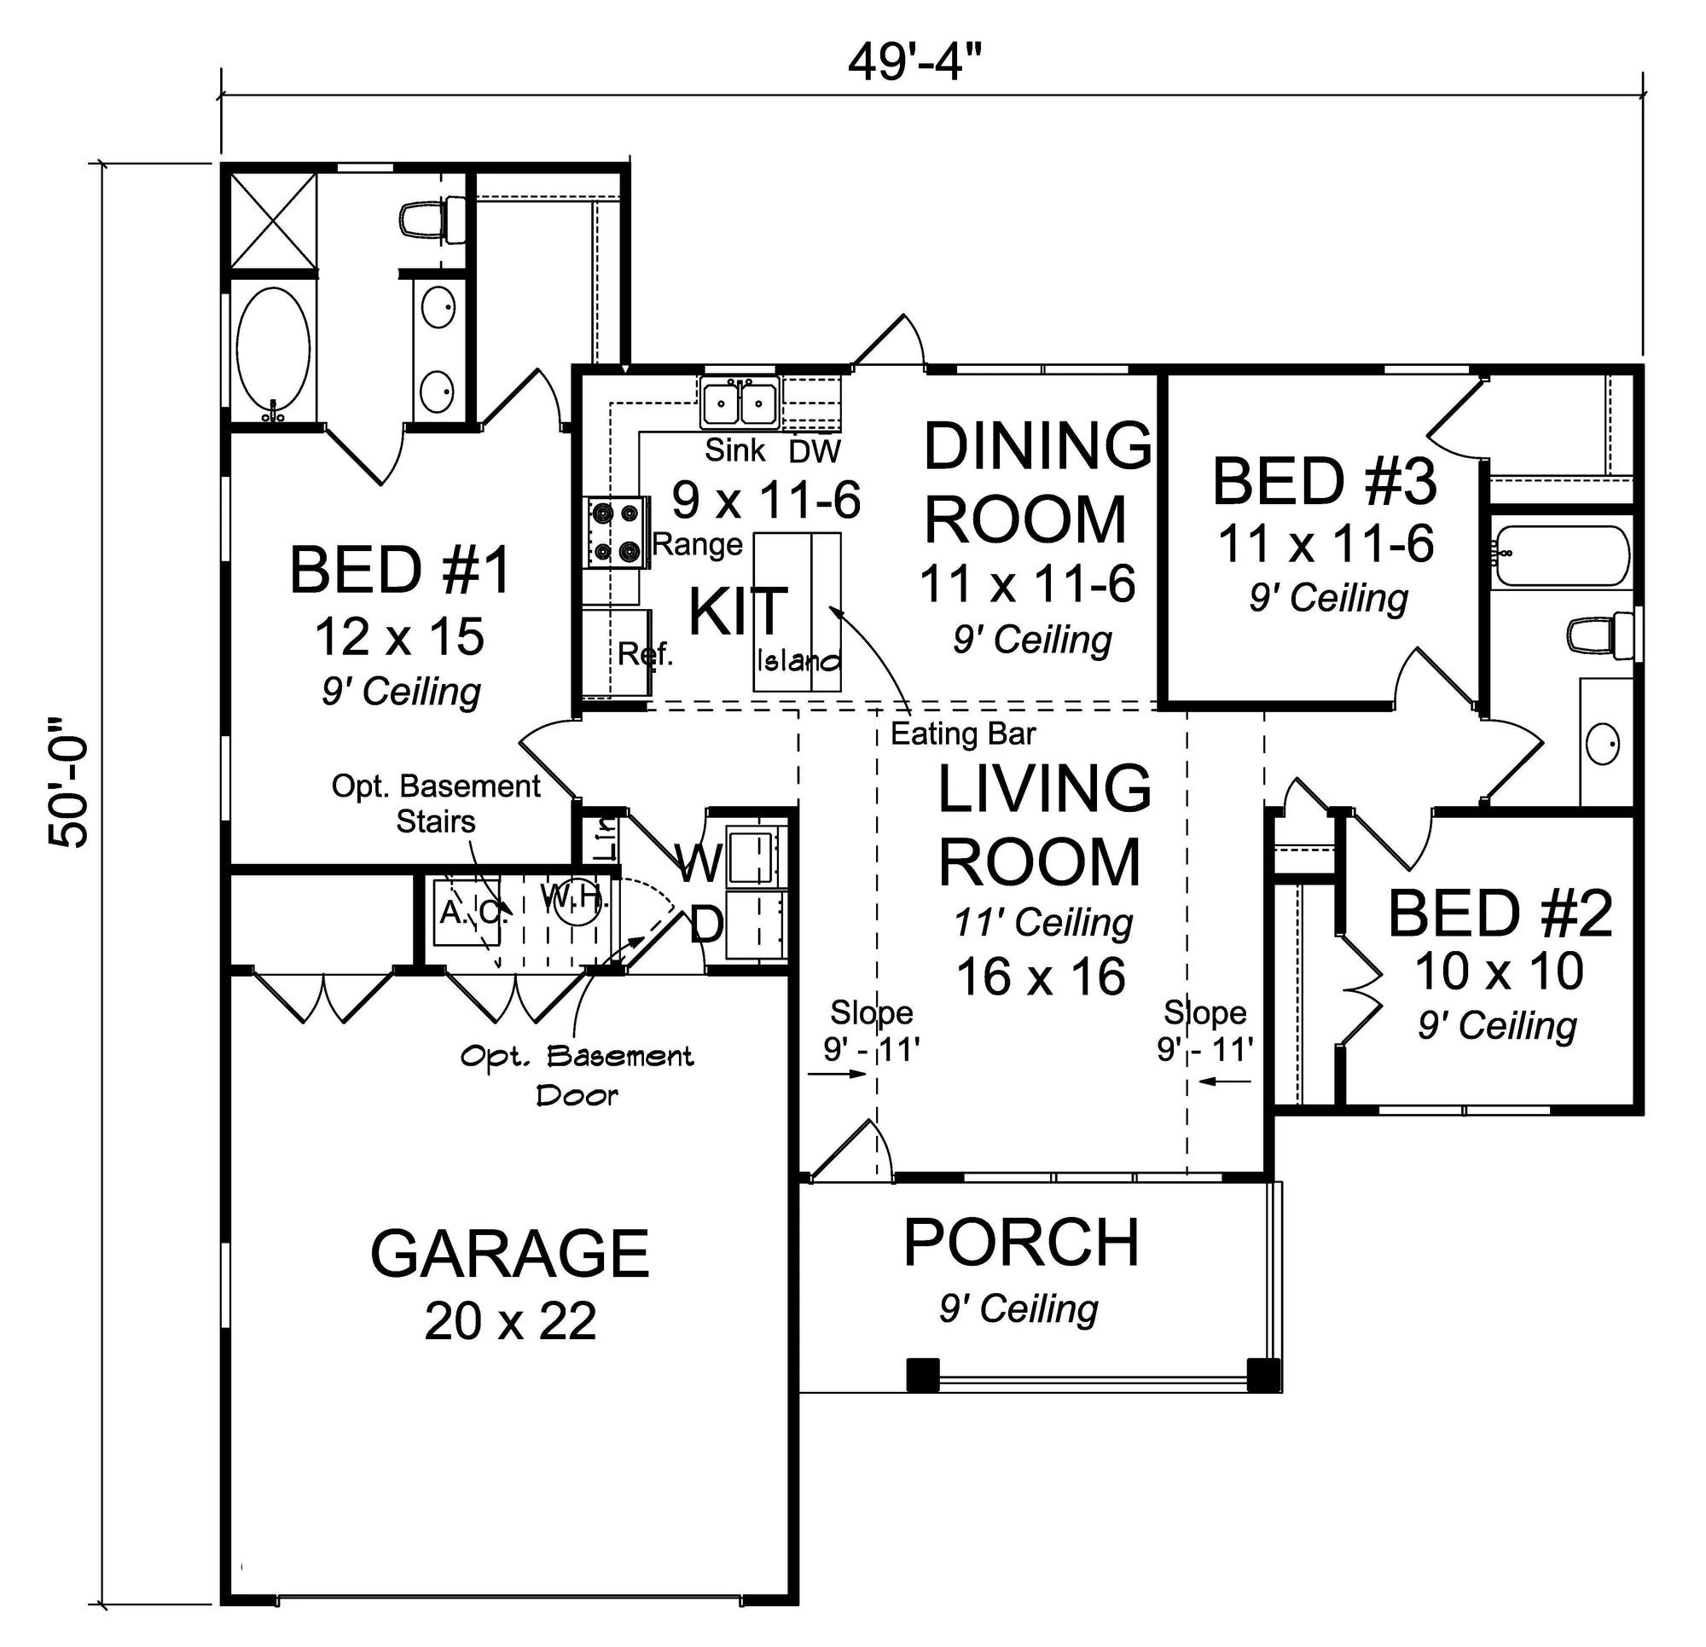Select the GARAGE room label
coord(509,1254)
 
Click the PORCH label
coord(1021,1242)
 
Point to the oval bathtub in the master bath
coord(273,354)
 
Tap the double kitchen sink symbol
coord(740,403)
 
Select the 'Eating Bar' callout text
coord(963,734)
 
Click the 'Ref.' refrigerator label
coord(646,652)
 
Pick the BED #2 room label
coord(1500,914)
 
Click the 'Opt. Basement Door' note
coord(577,1076)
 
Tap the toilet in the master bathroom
coord(432,221)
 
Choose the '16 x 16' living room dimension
coord(1041,977)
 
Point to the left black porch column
coord(923,1375)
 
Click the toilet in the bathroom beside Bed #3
coord(1600,635)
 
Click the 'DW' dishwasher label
coord(815,451)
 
